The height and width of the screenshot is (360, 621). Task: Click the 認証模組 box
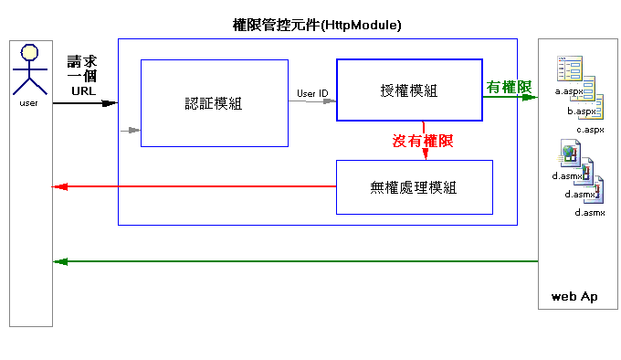[x=214, y=102]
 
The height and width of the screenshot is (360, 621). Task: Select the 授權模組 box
[x=409, y=90]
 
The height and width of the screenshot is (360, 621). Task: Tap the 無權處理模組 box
[x=414, y=187]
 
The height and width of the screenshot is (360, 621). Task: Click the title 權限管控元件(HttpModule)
[x=317, y=26]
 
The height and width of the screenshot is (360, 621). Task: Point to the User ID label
[x=312, y=93]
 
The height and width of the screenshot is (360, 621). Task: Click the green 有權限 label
[x=510, y=86]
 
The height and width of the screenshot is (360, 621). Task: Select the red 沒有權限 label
[x=423, y=142]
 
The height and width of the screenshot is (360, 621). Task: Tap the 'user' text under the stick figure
[x=28, y=103]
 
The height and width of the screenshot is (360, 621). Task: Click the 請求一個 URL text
[x=83, y=76]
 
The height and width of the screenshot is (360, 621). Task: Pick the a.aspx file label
[x=569, y=91]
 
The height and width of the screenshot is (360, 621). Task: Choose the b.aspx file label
[x=581, y=111]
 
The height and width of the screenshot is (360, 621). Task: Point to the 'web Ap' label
[x=574, y=297]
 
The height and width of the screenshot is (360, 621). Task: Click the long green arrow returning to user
[x=292, y=261]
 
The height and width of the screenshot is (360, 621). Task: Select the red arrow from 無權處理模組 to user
[x=192, y=186]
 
